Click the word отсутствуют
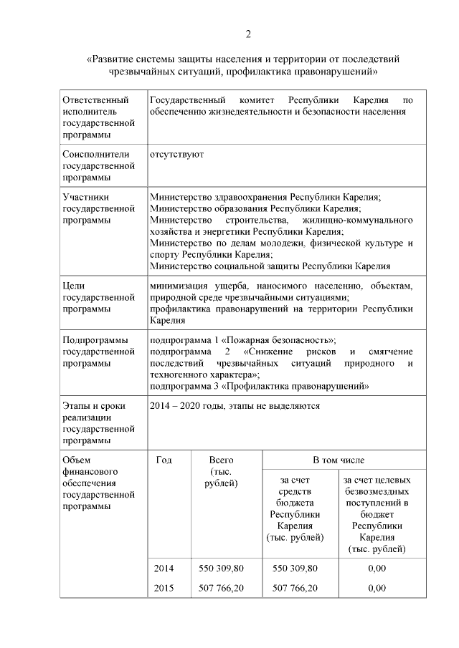point(176,154)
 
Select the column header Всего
point(221,460)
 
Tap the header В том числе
point(338,460)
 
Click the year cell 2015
point(164,588)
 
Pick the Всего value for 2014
point(221,568)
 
